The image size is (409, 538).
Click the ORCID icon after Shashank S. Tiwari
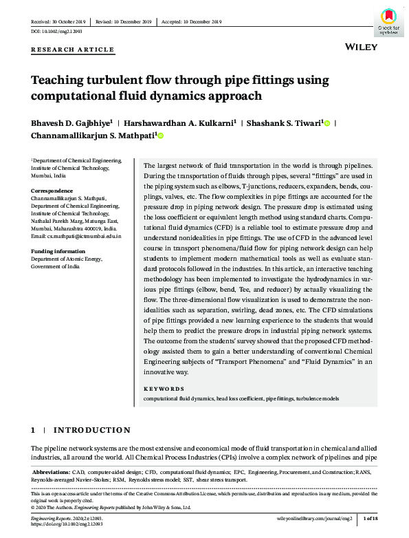click(x=327, y=123)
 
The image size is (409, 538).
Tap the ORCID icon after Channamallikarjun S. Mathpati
click(x=160, y=136)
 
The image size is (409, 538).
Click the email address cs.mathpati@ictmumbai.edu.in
click(x=76, y=236)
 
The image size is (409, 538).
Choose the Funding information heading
click(x=57, y=251)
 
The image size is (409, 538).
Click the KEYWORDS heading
click(x=164, y=389)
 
